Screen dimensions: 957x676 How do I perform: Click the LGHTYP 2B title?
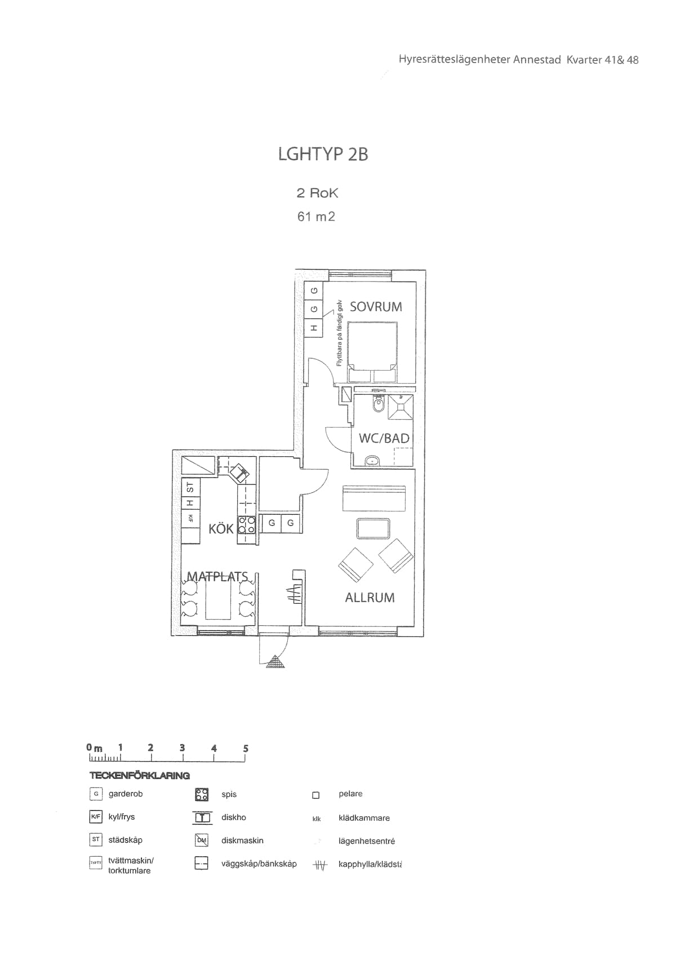point(323,154)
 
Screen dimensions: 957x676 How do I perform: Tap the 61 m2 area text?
point(316,216)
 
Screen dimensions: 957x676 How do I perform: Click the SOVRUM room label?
point(376,307)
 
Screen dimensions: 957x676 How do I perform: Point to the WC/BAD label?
point(384,438)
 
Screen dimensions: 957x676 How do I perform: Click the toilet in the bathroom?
point(379,405)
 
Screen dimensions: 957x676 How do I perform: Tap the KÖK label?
point(221,529)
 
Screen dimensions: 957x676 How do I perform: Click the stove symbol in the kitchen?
point(247,525)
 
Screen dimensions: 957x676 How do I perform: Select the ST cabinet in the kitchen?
point(190,486)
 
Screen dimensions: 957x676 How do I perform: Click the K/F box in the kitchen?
point(190,518)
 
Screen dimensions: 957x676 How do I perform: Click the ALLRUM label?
point(370,598)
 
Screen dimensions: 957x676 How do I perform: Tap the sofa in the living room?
point(373,498)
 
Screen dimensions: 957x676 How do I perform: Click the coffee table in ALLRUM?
point(373,529)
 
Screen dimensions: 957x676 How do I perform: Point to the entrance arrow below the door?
point(275,662)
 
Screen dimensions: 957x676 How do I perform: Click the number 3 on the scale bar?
point(182,748)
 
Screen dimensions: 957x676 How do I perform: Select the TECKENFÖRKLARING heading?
point(140,776)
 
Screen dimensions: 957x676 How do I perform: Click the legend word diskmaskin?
point(242,840)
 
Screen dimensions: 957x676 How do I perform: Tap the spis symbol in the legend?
point(202,794)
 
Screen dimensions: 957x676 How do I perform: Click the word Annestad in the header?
point(537,60)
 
